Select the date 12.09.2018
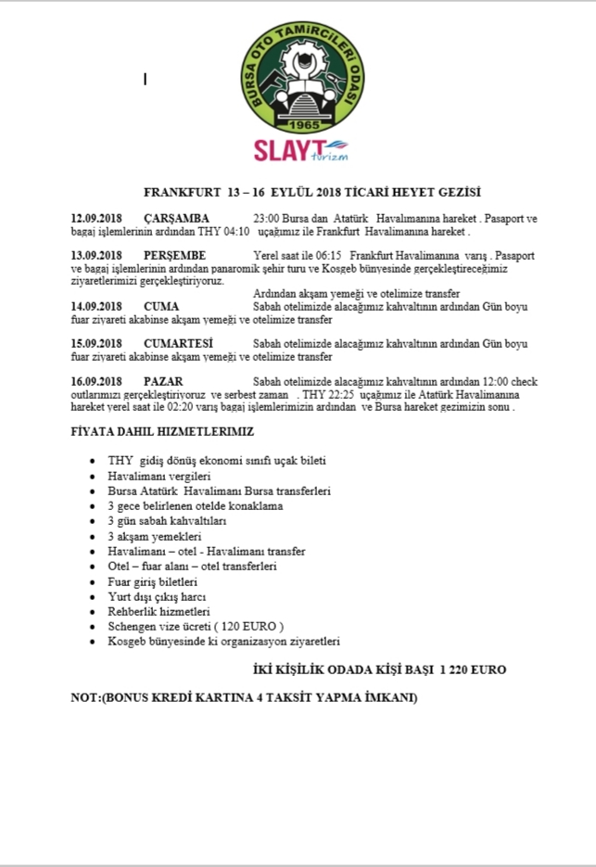coord(96,218)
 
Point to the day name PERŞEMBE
coord(174,255)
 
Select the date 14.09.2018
coord(96,306)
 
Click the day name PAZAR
coord(163,381)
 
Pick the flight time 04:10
coord(235,231)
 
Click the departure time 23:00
coord(266,218)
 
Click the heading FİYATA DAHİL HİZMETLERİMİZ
coord(162,432)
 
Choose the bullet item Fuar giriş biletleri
coord(153,581)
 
